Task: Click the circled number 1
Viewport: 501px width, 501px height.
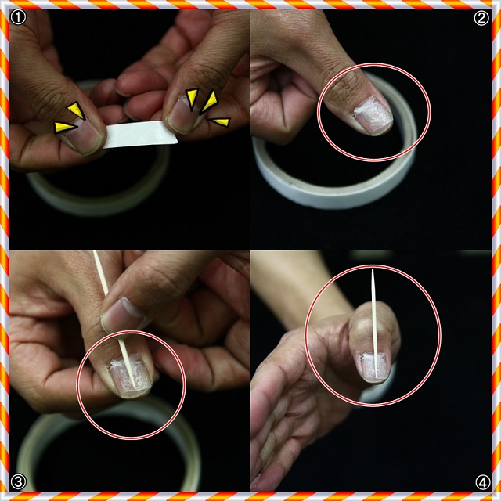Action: [x=18, y=17]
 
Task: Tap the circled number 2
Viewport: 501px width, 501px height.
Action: [x=481, y=18]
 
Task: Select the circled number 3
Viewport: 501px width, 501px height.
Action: [x=18, y=482]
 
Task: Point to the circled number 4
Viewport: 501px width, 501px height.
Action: [x=482, y=482]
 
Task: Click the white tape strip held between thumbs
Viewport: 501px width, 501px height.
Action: [x=141, y=134]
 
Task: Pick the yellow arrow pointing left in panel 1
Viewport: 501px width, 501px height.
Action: [x=219, y=122]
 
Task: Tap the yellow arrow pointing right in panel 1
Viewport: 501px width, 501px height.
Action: [x=65, y=127]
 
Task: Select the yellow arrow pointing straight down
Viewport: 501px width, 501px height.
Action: [x=192, y=99]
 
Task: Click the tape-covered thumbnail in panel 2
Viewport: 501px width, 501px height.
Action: [x=373, y=115]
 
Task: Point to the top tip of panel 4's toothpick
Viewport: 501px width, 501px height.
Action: [x=373, y=269]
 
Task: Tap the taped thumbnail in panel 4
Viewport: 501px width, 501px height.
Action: [x=376, y=367]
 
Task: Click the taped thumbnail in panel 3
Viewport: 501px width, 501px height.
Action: [x=130, y=374]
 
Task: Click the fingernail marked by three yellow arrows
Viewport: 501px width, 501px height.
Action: [x=183, y=116]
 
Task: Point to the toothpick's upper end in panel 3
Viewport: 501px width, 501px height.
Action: [x=94, y=252]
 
